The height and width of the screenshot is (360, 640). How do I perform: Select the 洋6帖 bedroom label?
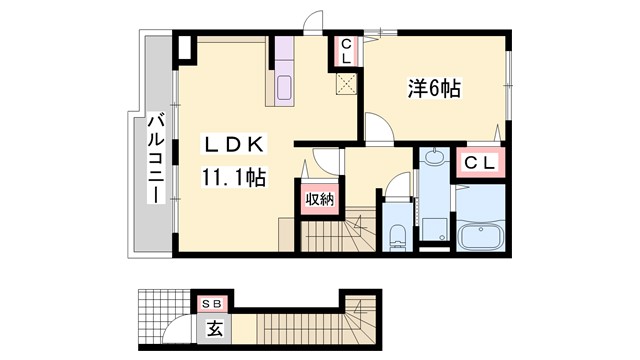pyautogui.click(x=433, y=89)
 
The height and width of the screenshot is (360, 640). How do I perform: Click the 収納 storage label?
pyautogui.click(x=319, y=198)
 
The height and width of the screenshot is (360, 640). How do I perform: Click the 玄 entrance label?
pyautogui.click(x=214, y=326)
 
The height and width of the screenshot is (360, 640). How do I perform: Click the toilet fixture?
pyautogui.click(x=396, y=237)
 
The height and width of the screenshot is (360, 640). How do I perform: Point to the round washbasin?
pyautogui.click(x=434, y=158)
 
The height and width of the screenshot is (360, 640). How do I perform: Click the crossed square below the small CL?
pyautogui.click(x=346, y=85)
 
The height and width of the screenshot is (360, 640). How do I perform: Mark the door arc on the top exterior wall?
pyautogui.click(x=317, y=22)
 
